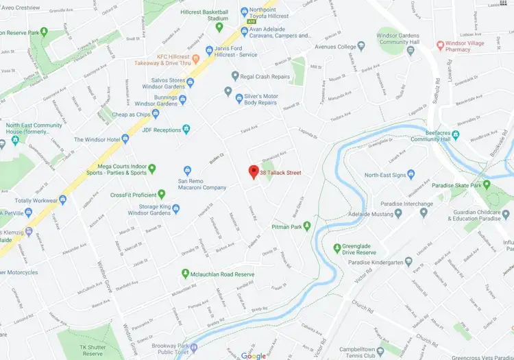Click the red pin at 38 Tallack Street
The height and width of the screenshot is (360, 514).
[252, 171]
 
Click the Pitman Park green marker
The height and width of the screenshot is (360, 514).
[307, 226]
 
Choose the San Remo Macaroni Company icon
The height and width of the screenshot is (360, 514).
[186, 171]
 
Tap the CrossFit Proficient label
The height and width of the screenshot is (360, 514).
[134, 195]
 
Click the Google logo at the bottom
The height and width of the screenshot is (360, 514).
[253, 355]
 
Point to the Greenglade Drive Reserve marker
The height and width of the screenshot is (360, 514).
[336, 248]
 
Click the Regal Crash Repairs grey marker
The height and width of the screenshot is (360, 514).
[235, 76]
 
